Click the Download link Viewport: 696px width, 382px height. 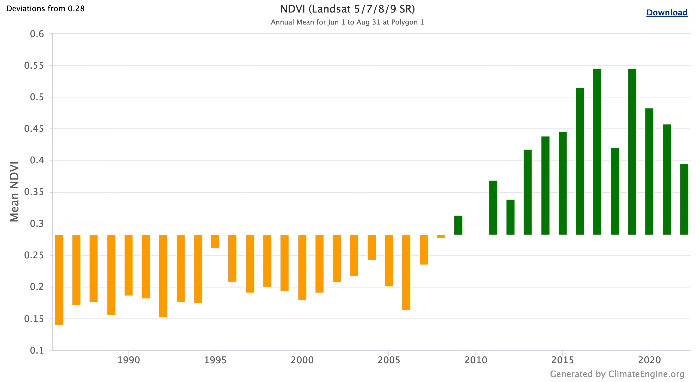[x=667, y=13]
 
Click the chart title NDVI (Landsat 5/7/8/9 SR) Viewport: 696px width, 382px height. [x=347, y=9]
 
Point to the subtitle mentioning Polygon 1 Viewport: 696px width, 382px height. [x=347, y=22]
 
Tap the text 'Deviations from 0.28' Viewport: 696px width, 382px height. [x=45, y=9]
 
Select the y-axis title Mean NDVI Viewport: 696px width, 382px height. [x=14, y=192]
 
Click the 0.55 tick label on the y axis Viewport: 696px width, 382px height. [x=34, y=65]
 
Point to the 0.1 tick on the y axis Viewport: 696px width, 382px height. [x=37, y=350]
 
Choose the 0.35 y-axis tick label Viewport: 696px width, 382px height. [x=34, y=192]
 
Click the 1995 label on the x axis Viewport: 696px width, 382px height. [x=215, y=360]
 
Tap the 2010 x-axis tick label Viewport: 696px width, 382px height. [x=475, y=360]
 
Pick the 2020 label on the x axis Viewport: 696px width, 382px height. [x=649, y=360]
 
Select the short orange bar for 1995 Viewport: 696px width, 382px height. [x=215, y=241]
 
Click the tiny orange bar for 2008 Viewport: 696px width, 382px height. [x=441, y=236]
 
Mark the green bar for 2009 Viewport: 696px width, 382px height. [x=458, y=225]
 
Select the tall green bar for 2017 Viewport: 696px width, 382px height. [x=597, y=152]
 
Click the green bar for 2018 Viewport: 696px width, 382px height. [x=615, y=191]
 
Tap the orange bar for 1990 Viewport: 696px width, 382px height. [x=129, y=265]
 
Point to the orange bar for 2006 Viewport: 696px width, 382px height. [x=406, y=272]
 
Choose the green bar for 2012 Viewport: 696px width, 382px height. [x=510, y=217]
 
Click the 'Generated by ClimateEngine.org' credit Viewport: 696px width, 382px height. [x=617, y=374]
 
